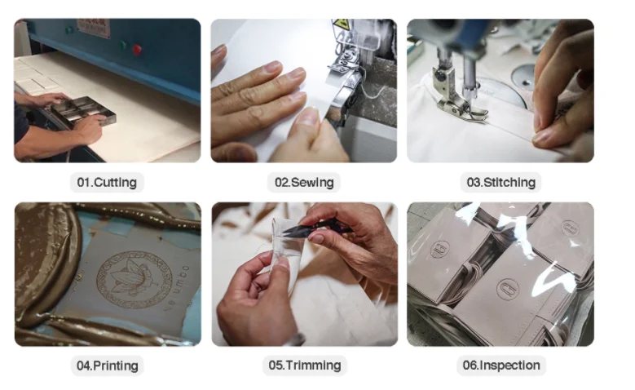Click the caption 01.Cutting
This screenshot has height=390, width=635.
tap(107, 182)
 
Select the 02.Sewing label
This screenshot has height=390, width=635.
tap(304, 182)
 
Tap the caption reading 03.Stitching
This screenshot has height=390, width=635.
tap(501, 182)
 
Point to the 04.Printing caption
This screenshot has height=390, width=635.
tap(108, 366)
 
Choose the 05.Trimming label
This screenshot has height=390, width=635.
tap(305, 365)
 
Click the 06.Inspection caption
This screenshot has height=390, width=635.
tap(501, 365)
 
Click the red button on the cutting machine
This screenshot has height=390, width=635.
tap(137, 50)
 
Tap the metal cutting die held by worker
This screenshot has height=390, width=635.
tap(83, 112)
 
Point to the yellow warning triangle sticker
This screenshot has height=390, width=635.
tap(341, 24)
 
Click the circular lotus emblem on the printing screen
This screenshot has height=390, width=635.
tap(134, 280)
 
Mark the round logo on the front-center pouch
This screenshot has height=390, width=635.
tap(508, 290)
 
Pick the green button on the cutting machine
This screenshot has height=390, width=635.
tap(123, 45)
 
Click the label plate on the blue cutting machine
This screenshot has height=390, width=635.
tap(93, 28)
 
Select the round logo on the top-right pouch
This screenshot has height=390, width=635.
tap(570, 228)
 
